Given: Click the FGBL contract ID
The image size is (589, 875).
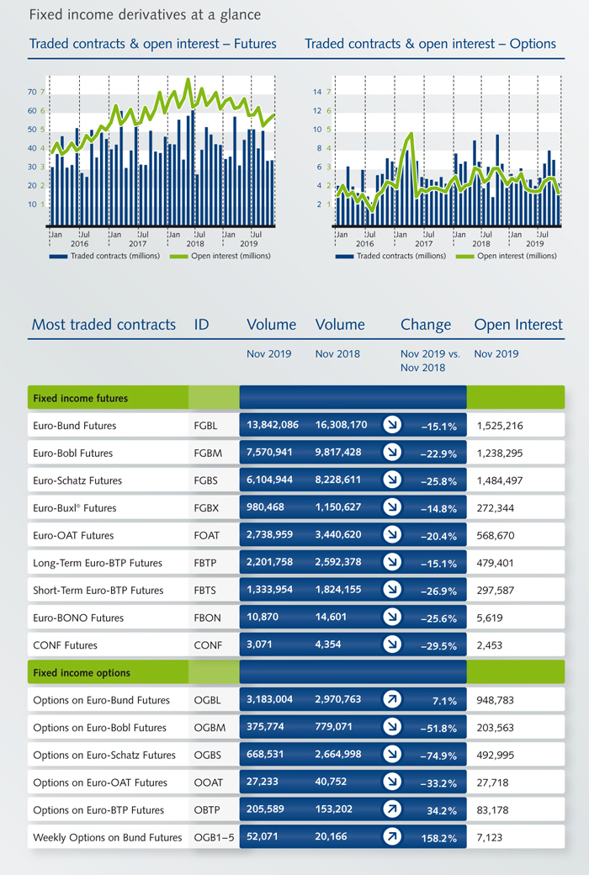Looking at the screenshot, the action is (x=205, y=426).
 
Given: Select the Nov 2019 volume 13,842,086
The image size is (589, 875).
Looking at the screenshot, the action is (x=273, y=425).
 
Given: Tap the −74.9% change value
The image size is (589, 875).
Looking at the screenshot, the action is (x=438, y=756).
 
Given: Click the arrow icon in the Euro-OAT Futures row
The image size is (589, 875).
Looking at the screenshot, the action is (x=392, y=534).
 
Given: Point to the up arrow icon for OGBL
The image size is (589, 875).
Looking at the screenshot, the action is (x=392, y=699).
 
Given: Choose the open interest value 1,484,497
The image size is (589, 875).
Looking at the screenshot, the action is (x=500, y=480).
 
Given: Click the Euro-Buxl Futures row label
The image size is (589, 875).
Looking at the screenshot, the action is (x=75, y=508).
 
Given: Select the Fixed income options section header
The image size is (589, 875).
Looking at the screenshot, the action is (x=82, y=673).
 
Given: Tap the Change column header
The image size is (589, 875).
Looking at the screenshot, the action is (x=426, y=325).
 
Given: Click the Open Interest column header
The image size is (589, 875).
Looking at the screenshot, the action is (x=518, y=325).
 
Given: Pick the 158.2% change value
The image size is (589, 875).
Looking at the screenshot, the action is (x=439, y=839).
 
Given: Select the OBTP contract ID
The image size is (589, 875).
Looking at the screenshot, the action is (x=206, y=810).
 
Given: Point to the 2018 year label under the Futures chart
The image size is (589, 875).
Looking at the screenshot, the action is (x=195, y=243).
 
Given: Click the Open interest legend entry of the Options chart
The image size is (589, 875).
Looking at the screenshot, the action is (x=507, y=256).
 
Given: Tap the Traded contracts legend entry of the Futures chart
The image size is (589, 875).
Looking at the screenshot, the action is (x=104, y=256).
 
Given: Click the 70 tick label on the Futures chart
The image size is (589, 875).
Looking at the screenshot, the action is (x=32, y=92).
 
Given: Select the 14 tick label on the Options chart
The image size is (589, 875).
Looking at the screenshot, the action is (x=317, y=92).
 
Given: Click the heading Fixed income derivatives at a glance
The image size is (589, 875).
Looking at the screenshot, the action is (x=145, y=14).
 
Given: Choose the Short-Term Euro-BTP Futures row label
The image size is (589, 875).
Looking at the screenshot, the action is (x=98, y=591).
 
